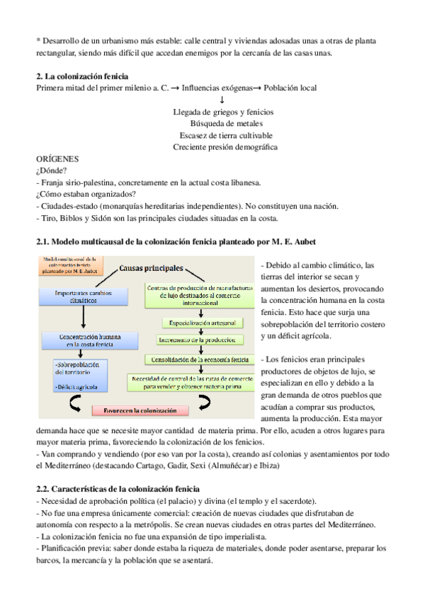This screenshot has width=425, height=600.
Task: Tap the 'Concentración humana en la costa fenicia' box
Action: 84,339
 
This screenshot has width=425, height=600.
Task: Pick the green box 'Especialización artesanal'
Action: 201,323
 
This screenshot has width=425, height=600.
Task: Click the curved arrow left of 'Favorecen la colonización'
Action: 74,405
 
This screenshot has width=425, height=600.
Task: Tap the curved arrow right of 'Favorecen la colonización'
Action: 204,403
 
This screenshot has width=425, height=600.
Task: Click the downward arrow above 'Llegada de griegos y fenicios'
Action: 222,100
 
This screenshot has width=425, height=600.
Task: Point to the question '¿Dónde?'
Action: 51,171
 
